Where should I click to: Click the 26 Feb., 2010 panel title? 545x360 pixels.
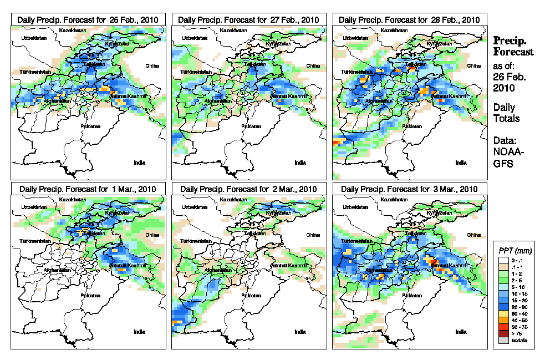88,19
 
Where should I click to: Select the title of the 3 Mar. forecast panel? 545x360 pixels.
410,189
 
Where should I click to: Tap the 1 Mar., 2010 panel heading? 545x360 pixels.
88,189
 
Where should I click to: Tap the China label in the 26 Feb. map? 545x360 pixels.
152,65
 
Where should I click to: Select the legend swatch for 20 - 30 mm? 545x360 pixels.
503,306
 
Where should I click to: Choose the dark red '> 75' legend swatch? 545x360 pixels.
503,334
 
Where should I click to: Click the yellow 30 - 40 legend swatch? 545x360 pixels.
503,313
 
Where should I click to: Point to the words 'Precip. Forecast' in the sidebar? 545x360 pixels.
513,46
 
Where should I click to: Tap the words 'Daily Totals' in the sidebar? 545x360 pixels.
504,113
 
